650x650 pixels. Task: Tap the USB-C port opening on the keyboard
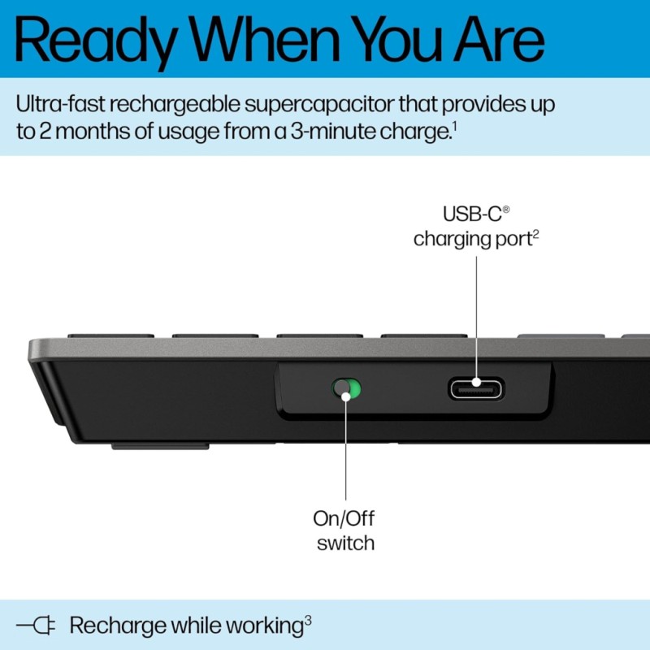(x=475, y=388)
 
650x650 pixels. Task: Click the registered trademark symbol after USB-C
(x=505, y=210)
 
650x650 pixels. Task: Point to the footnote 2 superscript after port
(x=536, y=234)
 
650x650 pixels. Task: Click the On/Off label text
(x=344, y=518)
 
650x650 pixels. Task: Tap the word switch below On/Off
(x=344, y=543)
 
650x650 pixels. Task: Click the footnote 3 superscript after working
(x=308, y=620)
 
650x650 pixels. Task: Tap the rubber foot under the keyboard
(x=160, y=445)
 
